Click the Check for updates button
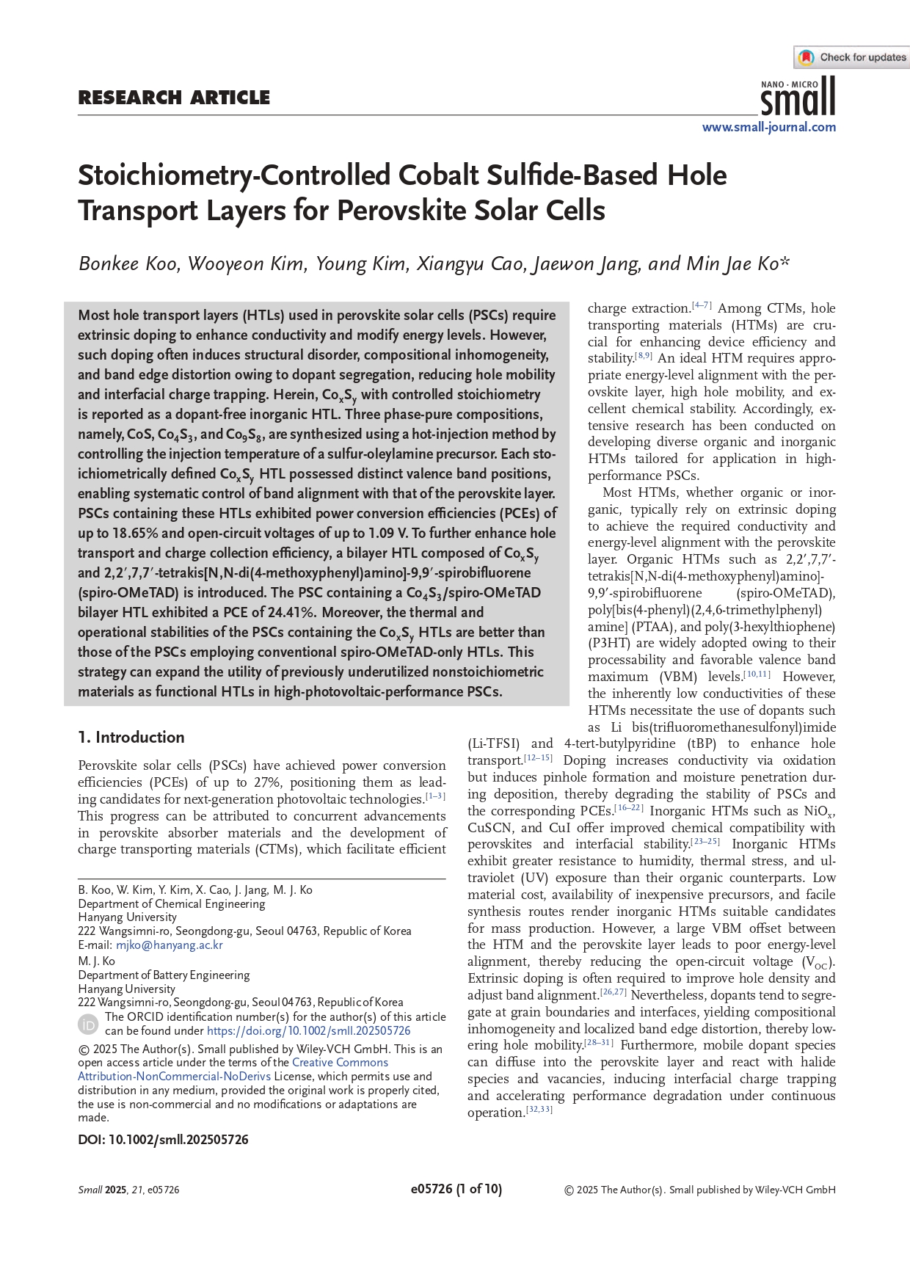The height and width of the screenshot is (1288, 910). pos(853,57)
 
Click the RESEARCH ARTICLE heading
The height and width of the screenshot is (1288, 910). pos(174,98)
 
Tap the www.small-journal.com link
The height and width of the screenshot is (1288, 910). pos(768,127)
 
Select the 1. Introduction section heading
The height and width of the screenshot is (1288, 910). pos(131,737)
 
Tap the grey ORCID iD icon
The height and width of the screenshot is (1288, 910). pos(88,1024)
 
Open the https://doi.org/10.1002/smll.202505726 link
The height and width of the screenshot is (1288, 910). pos(309,1031)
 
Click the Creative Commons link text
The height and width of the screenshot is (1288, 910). pos(340,1063)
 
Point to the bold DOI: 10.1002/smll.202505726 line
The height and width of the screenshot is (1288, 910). pos(163,1140)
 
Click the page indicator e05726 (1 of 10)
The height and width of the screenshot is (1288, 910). pos(456,1190)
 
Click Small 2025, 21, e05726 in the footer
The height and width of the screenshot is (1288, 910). pos(128,1190)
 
